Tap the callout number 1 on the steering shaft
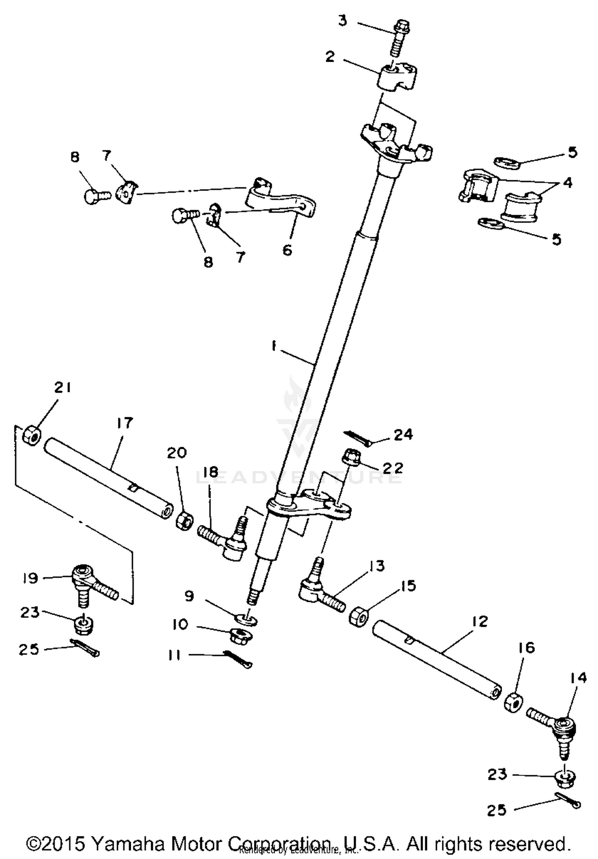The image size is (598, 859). (x=274, y=346)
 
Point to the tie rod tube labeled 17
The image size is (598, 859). (x=108, y=478)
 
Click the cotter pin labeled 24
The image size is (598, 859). (x=358, y=438)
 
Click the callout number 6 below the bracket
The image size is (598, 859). (x=287, y=250)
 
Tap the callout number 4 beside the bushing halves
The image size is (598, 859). (x=567, y=183)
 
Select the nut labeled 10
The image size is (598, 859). (x=240, y=635)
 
